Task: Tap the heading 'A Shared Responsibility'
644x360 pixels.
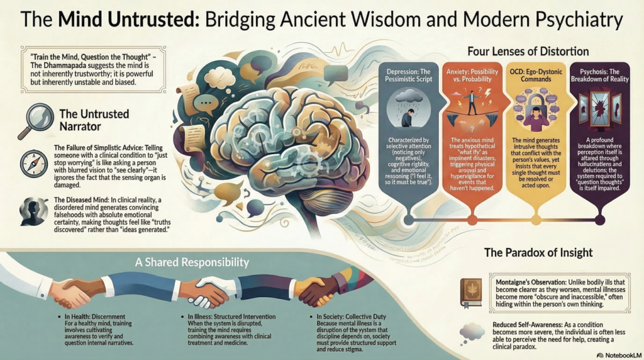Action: [192, 262]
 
